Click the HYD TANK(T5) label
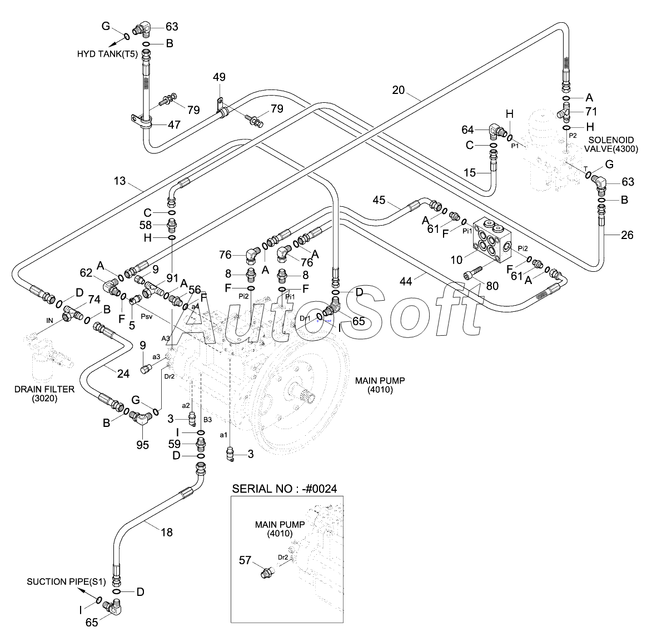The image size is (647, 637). coord(107,53)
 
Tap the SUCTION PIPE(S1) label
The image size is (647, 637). coord(66,582)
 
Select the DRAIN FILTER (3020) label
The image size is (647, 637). coord(44,394)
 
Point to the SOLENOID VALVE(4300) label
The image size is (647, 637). coord(611,145)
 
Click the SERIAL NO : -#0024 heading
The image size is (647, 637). coord(284,489)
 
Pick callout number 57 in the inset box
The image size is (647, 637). coord(245,560)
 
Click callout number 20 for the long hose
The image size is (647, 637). coord(398,90)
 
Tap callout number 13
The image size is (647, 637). coord(120,181)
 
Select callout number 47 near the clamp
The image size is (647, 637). coord(174,124)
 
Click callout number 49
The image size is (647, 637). coord(219,77)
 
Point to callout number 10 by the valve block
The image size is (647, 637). coord(456,260)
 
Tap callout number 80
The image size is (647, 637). coord(492,286)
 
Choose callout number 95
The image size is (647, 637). coord(142,445)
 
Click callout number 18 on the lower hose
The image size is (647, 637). coord(166,532)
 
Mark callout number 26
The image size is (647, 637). coord(627,235)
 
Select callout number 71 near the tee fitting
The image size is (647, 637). coord(591,111)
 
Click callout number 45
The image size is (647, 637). coord(379,200)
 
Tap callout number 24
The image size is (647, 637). coord(123,374)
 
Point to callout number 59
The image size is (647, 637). coord(175,444)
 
